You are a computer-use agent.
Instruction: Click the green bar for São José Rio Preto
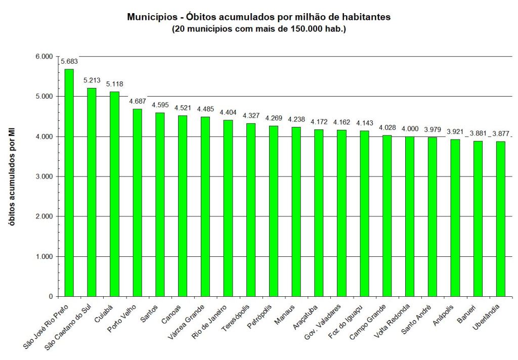[69, 183]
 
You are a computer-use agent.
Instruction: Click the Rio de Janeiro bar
[228, 208]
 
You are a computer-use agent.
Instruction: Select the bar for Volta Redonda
[410, 216]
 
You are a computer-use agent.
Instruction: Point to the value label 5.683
[69, 62]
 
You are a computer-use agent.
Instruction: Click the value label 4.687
[137, 102]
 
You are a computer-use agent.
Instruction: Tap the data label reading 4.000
[410, 129]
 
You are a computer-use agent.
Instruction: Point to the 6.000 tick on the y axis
[44, 56]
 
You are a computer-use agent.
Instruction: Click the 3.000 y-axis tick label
[44, 176]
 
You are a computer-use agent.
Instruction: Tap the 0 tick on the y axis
[51, 296]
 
